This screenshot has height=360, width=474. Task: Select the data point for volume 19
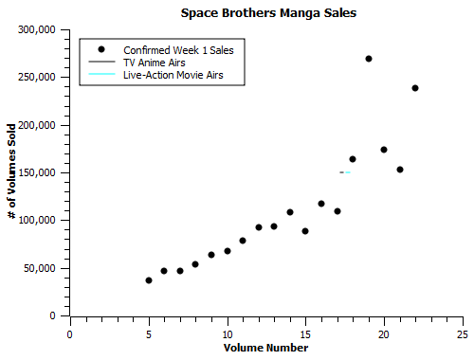tap(369, 59)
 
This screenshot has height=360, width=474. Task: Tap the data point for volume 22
tap(415, 88)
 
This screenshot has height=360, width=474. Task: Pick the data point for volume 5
tap(149, 280)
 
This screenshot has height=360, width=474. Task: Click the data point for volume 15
tap(305, 231)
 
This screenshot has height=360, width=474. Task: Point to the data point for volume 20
tap(384, 150)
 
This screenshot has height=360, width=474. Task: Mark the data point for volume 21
tap(400, 170)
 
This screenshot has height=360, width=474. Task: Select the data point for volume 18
tap(353, 159)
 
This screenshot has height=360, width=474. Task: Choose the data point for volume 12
tap(259, 227)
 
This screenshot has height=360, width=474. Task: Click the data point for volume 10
tap(228, 251)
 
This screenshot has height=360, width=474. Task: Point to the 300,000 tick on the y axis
tap(39, 29)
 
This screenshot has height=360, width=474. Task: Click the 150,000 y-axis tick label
tap(39, 172)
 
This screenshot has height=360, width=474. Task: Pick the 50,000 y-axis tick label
tap(42, 268)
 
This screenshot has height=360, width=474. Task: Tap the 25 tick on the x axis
tap(462, 333)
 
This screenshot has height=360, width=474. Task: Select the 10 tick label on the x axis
tap(227, 333)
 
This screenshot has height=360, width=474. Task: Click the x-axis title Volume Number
tap(265, 348)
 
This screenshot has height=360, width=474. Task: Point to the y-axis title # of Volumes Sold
tap(11, 172)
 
